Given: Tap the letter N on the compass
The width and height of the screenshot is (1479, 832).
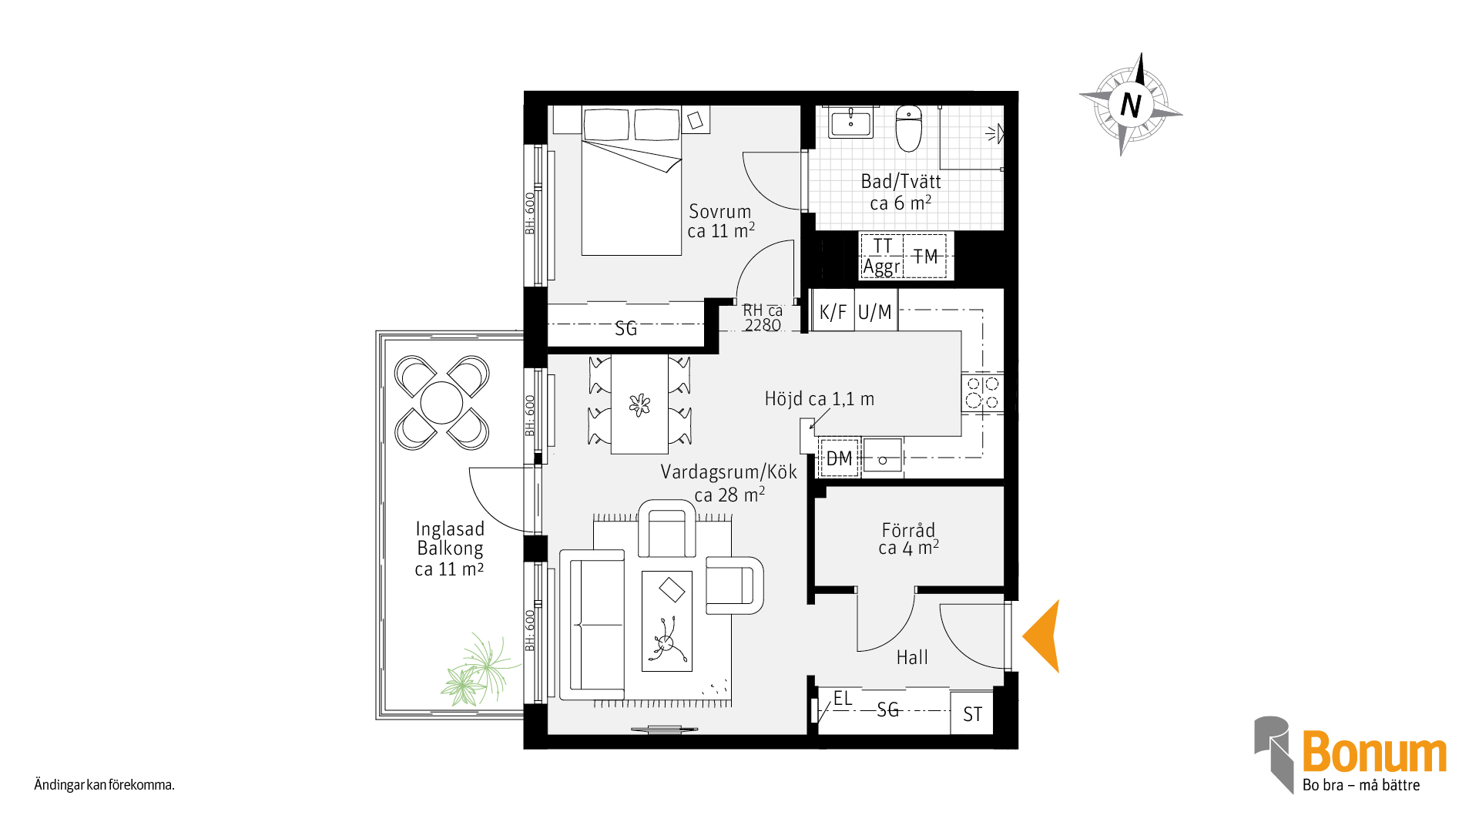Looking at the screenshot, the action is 1131,105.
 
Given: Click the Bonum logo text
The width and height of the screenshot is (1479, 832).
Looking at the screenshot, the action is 1374,752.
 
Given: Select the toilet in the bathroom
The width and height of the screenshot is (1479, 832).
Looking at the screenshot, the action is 909,129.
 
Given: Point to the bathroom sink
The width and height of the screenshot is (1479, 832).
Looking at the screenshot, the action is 850,123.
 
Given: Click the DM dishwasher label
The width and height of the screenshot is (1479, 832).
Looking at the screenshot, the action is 839,459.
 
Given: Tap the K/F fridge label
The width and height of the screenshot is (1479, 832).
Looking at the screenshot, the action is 833,312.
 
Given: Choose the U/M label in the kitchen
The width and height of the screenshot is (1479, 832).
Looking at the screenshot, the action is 874,312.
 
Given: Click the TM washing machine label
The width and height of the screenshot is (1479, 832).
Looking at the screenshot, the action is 925,257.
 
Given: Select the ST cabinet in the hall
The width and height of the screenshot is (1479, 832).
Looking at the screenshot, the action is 972,714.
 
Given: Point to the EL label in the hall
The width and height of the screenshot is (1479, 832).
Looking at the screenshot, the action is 843,698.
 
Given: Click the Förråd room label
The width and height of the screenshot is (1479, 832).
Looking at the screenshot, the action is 908,530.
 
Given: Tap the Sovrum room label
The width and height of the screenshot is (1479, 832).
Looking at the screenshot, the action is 719,211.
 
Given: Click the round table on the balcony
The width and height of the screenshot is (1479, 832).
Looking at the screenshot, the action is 441,402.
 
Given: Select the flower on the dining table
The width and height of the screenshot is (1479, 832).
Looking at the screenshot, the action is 639,404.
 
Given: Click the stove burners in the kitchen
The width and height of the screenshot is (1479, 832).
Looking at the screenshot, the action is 982,392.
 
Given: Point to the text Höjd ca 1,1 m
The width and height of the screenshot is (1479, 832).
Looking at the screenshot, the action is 819,398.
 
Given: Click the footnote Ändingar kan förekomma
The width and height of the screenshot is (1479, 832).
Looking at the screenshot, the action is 104,785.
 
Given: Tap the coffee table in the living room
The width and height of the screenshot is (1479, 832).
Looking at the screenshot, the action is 667,621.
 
